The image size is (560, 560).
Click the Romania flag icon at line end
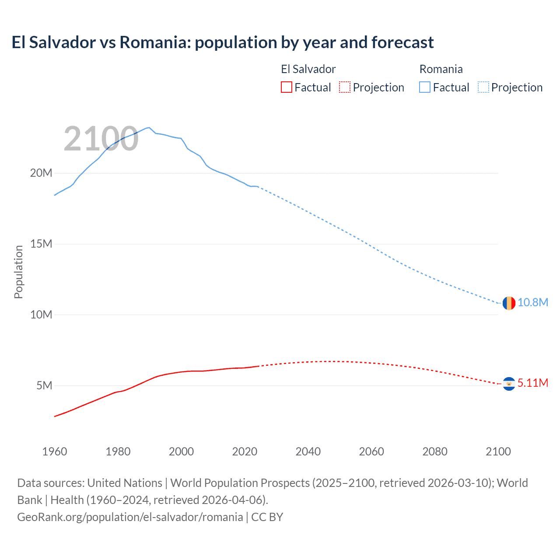click(509, 303)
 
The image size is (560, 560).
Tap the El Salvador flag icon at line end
click(509, 384)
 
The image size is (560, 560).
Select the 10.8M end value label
click(533, 303)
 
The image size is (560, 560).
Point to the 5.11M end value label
click(533, 383)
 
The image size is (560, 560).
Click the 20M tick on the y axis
click(41, 173)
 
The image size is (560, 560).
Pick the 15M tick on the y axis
click(41, 244)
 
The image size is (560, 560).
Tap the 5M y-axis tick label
click(44, 385)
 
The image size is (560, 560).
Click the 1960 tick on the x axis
click(55, 451)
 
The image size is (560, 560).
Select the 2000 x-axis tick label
click(181, 451)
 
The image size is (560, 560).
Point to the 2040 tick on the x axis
click(308, 451)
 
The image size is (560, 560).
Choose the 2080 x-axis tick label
click(435, 451)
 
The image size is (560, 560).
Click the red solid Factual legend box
click(287, 87)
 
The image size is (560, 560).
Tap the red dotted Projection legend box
click(345, 87)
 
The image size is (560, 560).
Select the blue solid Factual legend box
click(425, 87)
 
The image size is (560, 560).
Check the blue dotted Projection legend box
click(483, 87)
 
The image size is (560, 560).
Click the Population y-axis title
click(18, 272)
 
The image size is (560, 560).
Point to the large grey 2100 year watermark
click(101, 139)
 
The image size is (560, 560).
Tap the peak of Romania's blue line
click(149, 128)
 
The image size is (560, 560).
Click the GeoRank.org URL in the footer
click(130, 517)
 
